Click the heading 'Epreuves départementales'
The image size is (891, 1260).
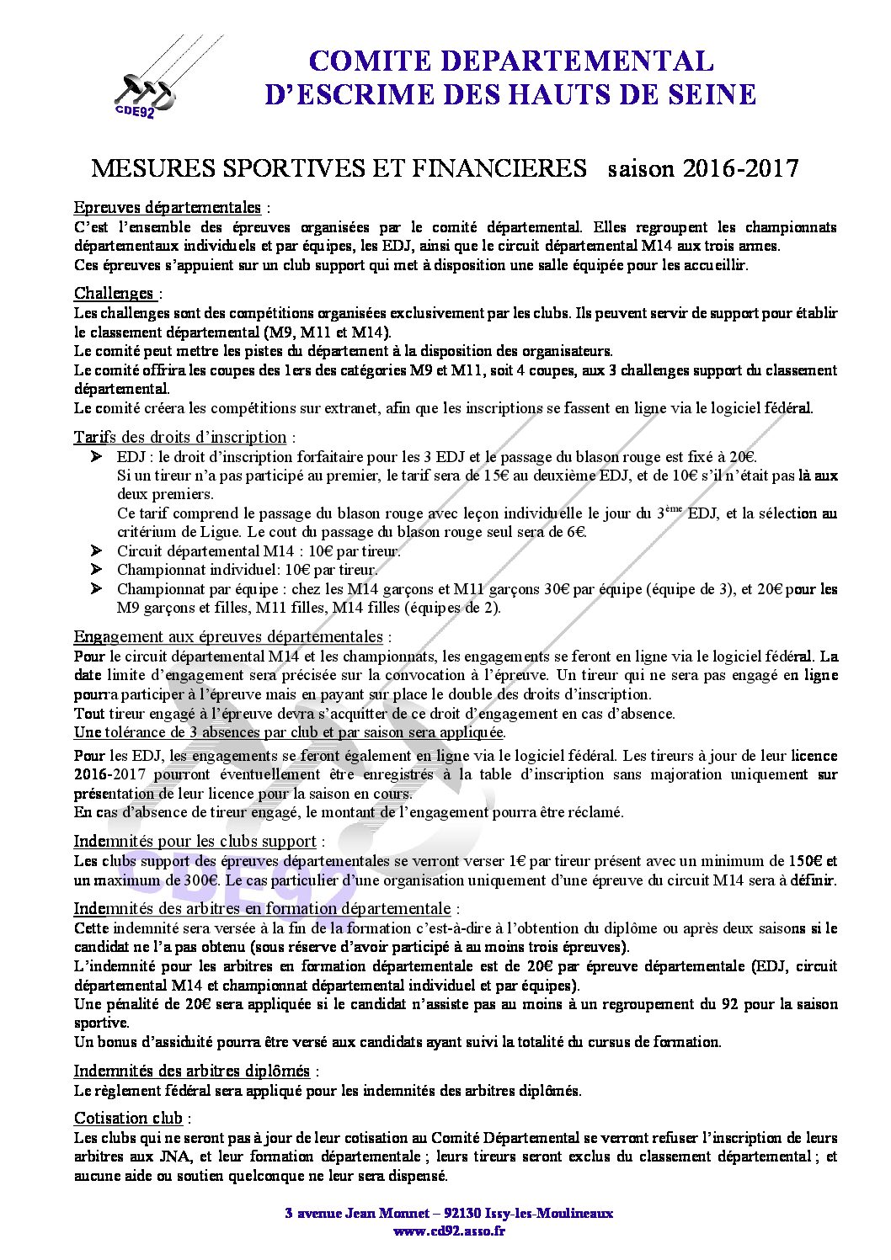click(x=167, y=207)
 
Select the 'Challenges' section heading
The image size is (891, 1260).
click(x=114, y=293)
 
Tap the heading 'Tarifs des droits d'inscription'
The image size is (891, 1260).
click(x=179, y=437)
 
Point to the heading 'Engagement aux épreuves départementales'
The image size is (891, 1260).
click(x=227, y=636)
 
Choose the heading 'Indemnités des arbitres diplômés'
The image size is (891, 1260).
click(x=191, y=1071)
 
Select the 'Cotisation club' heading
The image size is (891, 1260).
click(x=128, y=1118)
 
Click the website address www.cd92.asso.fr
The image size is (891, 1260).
click(x=449, y=1231)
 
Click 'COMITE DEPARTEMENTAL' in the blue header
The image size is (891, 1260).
click(x=510, y=61)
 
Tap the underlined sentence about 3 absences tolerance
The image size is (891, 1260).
click(x=289, y=732)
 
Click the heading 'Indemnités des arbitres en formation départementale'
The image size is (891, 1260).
click(x=261, y=908)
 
